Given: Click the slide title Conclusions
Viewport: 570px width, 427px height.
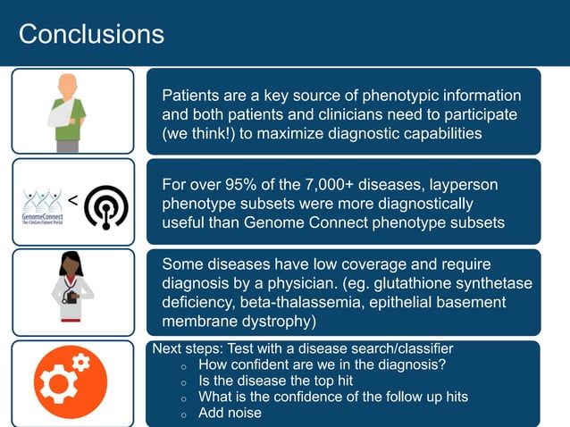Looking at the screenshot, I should [x=91, y=34].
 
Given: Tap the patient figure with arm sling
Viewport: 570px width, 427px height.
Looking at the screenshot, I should [x=68, y=111].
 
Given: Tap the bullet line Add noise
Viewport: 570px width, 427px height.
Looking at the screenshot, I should [x=230, y=413].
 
